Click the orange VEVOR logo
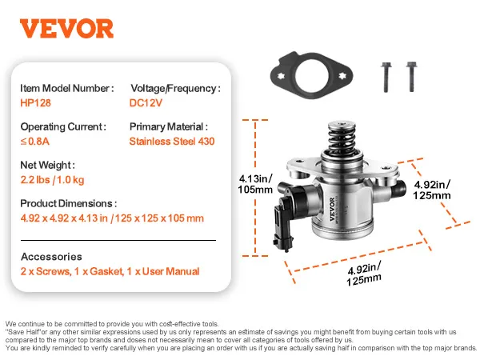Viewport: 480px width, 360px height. pyautogui.click(x=66, y=29)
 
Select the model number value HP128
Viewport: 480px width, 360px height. pyautogui.click(x=35, y=103)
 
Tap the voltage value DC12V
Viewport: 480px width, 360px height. pyautogui.click(x=146, y=103)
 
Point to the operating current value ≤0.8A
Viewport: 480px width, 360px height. pyautogui.click(x=35, y=142)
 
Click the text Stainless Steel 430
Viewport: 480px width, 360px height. pyautogui.click(x=172, y=142)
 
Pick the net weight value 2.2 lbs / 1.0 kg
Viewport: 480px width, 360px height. pyautogui.click(x=52, y=180)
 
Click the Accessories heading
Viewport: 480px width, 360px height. pyautogui.click(x=51, y=257)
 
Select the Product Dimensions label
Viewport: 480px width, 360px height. pyautogui.click(x=69, y=203)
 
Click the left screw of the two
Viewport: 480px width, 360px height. pyautogui.click(x=386, y=77)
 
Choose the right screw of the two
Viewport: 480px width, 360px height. pyautogui.click(x=411, y=77)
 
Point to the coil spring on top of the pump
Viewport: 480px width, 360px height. pyautogui.click(x=342, y=138)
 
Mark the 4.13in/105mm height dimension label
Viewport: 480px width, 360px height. pyautogui.click(x=255, y=184)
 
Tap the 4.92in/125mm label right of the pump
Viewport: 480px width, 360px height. pyautogui.click(x=432, y=190)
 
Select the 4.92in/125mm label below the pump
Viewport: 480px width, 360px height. pyautogui.click(x=364, y=274)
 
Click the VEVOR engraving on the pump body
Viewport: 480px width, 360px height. pyautogui.click(x=333, y=209)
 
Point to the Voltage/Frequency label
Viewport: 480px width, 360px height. pyautogui.click(x=175, y=89)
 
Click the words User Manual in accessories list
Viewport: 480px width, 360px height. pyautogui.click(x=171, y=271)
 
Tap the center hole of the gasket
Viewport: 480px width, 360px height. pyautogui.click(x=312, y=76)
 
